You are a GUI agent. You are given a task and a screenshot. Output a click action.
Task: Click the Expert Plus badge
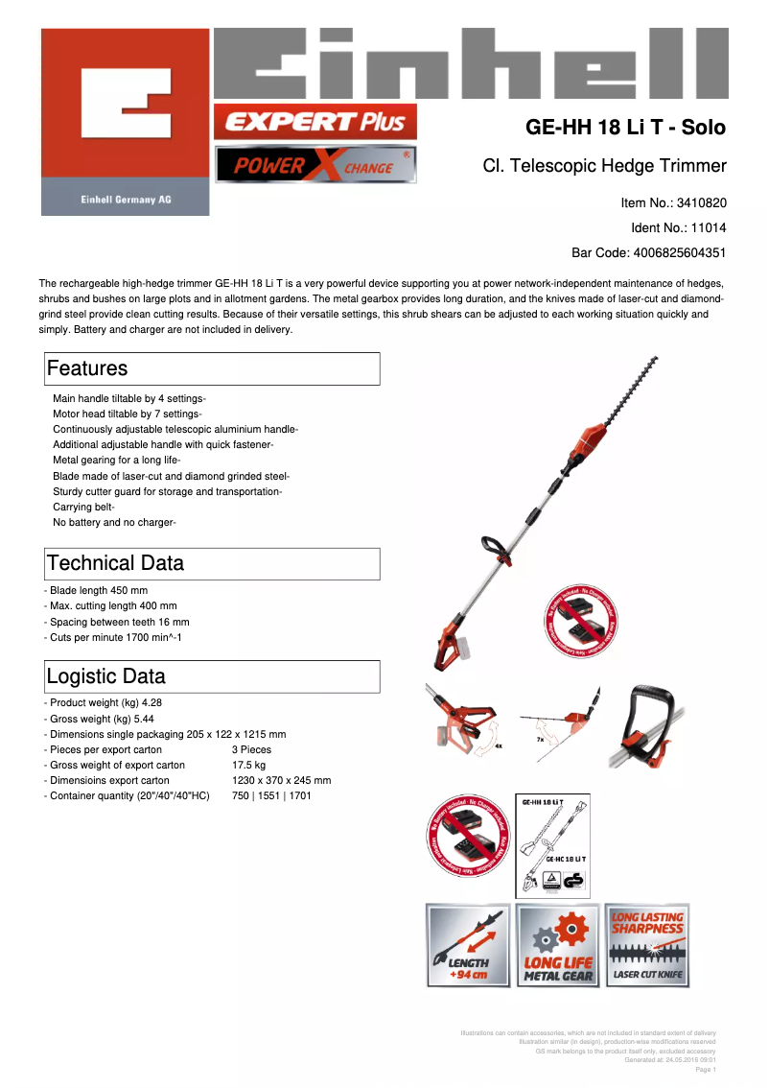coord(315,122)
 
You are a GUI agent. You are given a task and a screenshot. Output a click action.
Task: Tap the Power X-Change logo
coord(315,166)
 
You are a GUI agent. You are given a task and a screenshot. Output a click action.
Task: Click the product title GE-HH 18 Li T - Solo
coord(625,128)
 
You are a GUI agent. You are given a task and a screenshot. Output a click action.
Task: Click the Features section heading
coord(87,368)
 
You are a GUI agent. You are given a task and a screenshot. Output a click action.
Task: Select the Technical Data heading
coord(115,563)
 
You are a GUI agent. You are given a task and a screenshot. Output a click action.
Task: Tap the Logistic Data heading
coord(105,675)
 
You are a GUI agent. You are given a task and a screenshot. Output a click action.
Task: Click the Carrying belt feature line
coord(83,507)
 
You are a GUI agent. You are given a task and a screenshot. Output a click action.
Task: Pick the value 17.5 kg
coord(249,766)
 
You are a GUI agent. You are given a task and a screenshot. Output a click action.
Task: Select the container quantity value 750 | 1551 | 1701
coord(271,795)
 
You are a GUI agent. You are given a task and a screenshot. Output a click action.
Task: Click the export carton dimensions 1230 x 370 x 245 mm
coord(281,781)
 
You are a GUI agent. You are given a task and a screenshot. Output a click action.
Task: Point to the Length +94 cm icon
coord(468,945)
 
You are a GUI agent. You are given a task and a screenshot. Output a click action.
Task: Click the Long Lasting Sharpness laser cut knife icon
coord(648,945)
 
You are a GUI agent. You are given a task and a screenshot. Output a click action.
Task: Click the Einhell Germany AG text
coord(125,200)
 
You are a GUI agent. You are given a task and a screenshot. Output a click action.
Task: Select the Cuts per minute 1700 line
coord(115,637)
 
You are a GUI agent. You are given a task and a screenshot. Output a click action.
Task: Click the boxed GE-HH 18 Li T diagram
coord(552,844)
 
